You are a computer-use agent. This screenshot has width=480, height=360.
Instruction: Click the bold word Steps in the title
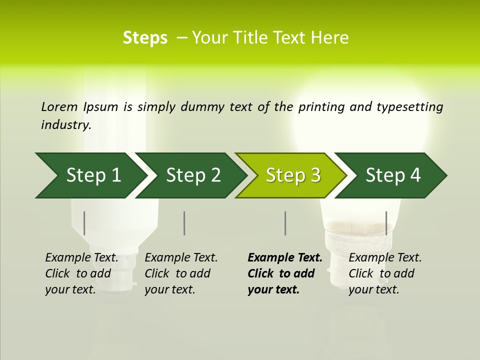coord(145,38)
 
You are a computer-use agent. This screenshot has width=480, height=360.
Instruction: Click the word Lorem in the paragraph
coord(59,106)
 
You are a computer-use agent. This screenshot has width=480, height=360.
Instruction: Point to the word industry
coord(66,125)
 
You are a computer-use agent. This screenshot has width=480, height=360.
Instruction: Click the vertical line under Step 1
coord(84,223)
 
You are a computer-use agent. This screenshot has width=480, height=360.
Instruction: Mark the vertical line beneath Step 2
coord(184,223)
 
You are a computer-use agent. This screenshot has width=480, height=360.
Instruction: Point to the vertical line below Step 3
coord(285,223)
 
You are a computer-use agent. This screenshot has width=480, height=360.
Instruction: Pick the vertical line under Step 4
coord(386,223)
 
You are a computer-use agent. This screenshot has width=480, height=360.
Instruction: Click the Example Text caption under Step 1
coord(82,273)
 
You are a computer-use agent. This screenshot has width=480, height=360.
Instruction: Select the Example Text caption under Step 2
coord(181,273)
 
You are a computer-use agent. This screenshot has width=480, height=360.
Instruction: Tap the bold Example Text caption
coord(285,273)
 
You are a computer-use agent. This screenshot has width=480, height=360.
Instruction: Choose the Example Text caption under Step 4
coord(385,273)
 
